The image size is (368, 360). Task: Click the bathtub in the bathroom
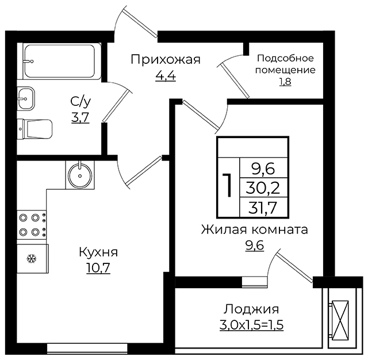tap(62, 61)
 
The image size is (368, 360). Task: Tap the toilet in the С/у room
tap(34, 129)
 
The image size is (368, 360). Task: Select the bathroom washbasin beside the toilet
tap(26, 98)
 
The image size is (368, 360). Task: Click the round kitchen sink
tap(80, 175)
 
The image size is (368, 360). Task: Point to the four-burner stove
tap(32, 225)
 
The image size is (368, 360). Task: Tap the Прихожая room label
tap(166, 60)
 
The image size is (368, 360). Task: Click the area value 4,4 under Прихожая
tap(166, 75)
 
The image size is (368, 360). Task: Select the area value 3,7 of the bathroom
tap(80, 117)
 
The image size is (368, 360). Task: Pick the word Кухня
tap(98, 252)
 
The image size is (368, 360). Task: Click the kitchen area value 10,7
tap(98, 268)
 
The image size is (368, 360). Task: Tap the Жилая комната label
tap(254, 230)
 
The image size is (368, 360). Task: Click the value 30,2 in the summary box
tap(263, 187)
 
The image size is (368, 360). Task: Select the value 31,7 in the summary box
tap(263, 208)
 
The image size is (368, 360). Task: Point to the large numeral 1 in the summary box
tap(228, 185)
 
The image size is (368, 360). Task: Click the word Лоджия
tap(251, 309)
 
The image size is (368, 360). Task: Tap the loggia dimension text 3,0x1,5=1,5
tap(252, 325)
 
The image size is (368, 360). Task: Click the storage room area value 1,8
tap(285, 82)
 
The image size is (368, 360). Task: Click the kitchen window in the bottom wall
tap(87, 348)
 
